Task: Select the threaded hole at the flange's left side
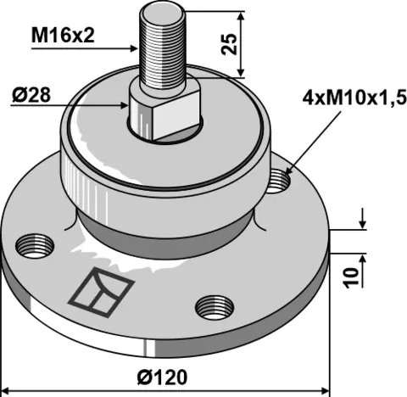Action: tap(31, 245)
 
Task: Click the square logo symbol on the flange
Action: tap(100, 289)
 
